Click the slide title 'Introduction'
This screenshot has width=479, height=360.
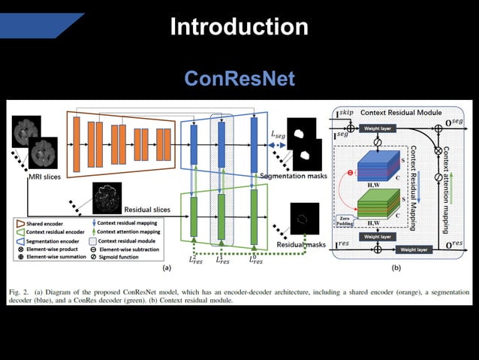click(239, 27)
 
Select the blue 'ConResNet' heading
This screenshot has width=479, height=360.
click(239, 78)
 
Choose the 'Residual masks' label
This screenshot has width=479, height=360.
click(300, 244)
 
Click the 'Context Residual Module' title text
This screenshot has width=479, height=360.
click(404, 113)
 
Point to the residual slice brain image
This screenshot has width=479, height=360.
click(106, 197)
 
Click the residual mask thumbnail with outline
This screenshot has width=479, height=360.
click(304, 219)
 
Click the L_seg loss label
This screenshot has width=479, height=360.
click(278, 135)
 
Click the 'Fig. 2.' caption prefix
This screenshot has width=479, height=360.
click(20, 289)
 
